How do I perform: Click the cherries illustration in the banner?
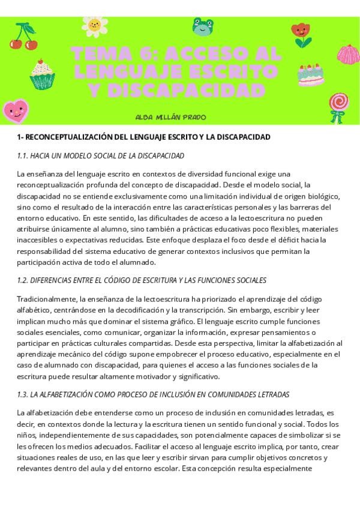23,37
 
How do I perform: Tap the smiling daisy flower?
94,25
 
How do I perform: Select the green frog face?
202,26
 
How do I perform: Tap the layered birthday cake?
311,74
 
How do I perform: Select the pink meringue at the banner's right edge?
348,55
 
